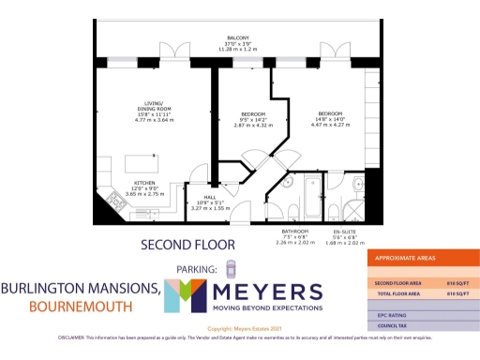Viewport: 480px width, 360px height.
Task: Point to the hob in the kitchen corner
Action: point(109,201)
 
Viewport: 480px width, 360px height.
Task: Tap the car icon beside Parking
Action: point(232,270)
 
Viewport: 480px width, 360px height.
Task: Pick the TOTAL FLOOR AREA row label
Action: point(397,294)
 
